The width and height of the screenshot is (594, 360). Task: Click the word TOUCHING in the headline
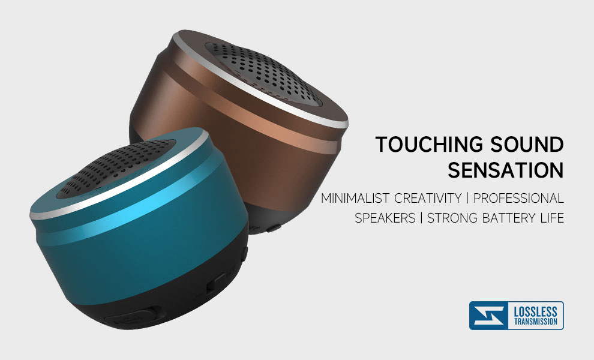pyautogui.click(x=429, y=145)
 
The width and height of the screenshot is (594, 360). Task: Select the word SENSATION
pyautogui.click(x=506, y=170)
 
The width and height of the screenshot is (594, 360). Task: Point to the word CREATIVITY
pyautogui.click(x=428, y=198)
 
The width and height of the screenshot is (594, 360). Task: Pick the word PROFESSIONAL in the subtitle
pyautogui.click(x=518, y=198)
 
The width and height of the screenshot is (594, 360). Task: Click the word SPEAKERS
pyautogui.click(x=385, y=218)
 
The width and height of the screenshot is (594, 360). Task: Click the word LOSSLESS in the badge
pyautogui.click(x=535, y=312)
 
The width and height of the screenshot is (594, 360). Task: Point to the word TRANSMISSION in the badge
pyautogui.click(x=535, y=322)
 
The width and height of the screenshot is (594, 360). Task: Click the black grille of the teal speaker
pyautogui.click(x=116, y=167)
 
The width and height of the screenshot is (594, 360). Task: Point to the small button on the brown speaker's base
pyautogui.click(x=274, y=228)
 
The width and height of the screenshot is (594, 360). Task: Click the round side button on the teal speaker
pyautogui.click(x=244, y=254)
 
